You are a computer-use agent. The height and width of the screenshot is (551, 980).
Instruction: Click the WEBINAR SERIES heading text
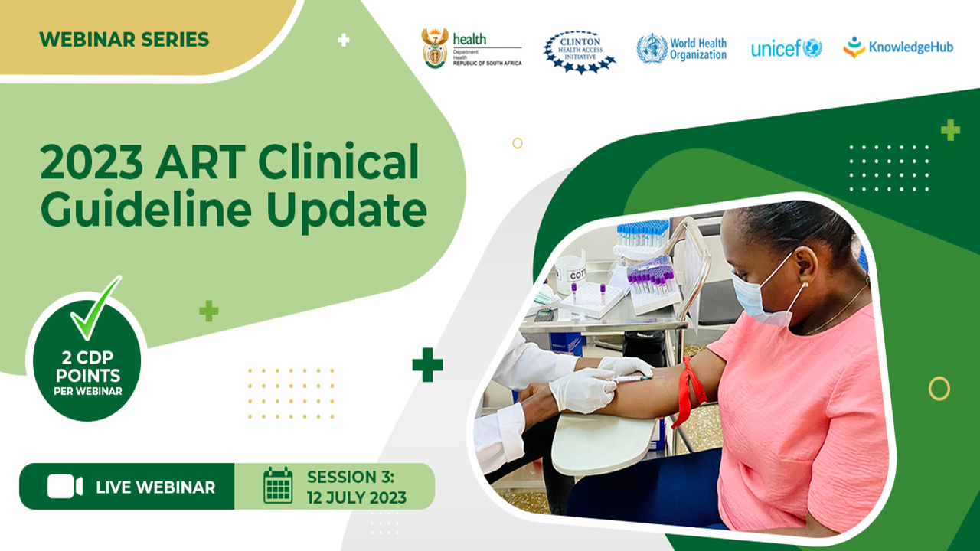pyautogui.click(x=124, y=39)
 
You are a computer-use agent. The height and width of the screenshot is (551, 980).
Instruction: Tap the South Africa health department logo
pyautogui.click(x=472, y=49)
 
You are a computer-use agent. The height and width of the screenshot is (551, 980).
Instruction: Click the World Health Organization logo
pyautogui.click(x=681, y=49)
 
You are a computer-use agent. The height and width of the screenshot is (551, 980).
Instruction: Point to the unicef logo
pyautogui.click(x=786, y=49)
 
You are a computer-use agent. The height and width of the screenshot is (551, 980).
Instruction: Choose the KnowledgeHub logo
pyautogui.click(x=898, y=48)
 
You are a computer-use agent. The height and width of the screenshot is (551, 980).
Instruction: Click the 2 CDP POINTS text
pyautogui.click(x=87, y=367)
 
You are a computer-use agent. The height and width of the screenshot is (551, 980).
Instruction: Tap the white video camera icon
pyautogui.click(x=64, y=487)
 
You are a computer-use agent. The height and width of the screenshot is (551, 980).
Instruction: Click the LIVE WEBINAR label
pyautogui.click(x=155, y=487)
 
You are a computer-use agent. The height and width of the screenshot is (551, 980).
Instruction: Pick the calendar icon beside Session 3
pyautogui.click(x=278, y=486)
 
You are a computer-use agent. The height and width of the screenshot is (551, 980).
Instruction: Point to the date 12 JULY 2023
pyautogui.click(x=357, y=498)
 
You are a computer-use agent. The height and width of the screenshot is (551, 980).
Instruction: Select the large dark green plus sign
pyautogui.click(x=427, y=364)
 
